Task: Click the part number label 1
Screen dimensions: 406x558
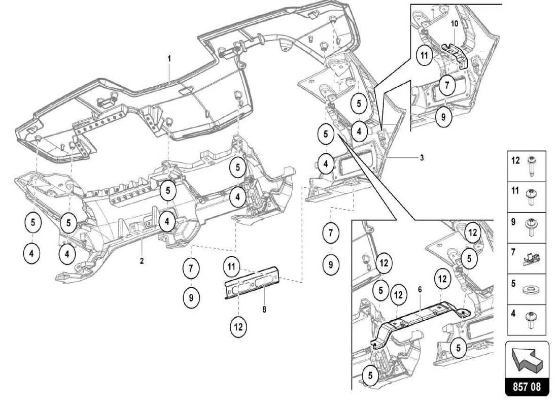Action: [169, 59]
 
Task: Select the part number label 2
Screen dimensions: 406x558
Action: [142, 261]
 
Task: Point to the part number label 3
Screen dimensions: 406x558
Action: [421, 158]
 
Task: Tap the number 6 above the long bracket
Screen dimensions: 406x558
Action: [420, 289]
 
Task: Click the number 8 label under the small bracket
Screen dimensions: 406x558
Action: [264, 308]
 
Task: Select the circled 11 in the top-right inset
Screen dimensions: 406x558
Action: [424, 56]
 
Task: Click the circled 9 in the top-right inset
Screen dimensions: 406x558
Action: [443, 116]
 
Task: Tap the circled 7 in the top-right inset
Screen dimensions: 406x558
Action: [446, 85]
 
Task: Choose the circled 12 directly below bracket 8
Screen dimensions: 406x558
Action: [238, 327]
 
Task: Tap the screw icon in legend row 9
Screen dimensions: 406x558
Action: [533, 225]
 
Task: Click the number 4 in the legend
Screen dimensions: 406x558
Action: [513, 313]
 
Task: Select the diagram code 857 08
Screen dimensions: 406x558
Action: [527, 387]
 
